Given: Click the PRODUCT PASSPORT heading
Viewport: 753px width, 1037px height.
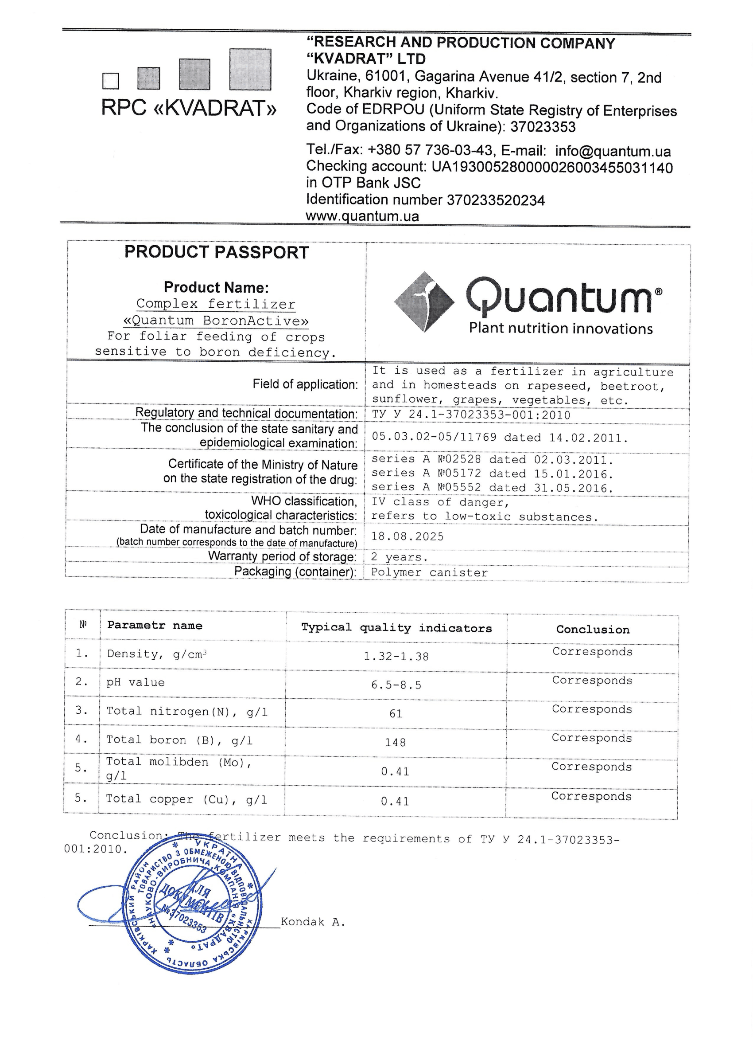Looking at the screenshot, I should point(217,252).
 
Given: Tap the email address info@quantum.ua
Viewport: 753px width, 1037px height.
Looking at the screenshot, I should point(613,151).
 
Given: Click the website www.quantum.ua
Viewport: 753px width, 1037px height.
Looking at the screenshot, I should point(362,216).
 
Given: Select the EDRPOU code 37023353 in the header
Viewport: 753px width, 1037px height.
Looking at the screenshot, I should point(543,127).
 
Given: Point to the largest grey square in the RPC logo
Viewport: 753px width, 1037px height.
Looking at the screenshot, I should point(250,70).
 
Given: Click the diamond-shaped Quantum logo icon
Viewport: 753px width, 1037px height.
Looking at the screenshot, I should point(424,302).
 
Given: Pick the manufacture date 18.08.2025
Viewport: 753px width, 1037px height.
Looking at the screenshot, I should point(407,536).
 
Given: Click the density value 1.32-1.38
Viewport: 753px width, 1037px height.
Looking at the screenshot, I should point(396,657).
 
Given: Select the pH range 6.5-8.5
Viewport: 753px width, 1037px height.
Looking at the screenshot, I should point(396,685).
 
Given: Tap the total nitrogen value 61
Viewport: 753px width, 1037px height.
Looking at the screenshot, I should point(396,714).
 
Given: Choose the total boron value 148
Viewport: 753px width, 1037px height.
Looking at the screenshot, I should point(395,743).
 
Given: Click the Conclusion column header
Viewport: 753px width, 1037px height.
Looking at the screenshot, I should point(593,630).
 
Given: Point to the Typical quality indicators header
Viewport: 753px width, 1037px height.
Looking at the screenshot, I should point(396,628).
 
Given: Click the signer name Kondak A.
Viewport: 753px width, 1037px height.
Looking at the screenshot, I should point(313,922).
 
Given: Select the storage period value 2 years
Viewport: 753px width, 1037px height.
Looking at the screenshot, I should point(399,557).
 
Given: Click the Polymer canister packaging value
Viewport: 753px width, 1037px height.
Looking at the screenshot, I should point(429,572).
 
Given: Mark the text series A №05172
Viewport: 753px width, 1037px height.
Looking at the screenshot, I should point(426,473).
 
